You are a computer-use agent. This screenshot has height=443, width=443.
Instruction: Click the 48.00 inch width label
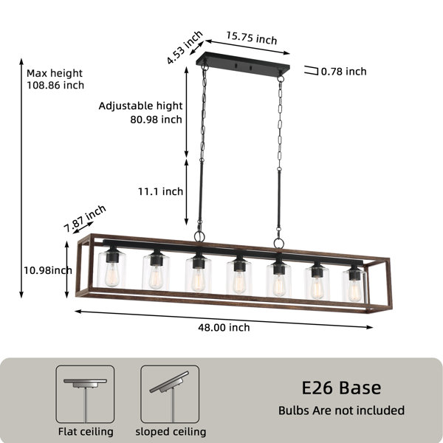tap(224, 327)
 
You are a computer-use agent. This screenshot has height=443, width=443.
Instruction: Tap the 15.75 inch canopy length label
tap(252, 38)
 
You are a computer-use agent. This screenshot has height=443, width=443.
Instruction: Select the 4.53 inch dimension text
tap(184, 47)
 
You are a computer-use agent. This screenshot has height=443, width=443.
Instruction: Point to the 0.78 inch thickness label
tap(344, 72)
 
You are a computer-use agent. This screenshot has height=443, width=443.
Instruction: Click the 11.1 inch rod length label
tap(160, 191)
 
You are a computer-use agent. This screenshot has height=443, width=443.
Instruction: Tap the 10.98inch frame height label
tap(48, 270)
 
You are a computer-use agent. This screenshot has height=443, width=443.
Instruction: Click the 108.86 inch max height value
tap(55, 85)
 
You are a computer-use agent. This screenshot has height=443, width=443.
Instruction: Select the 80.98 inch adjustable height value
tap(156, 120)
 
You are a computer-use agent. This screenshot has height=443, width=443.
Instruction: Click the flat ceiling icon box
tap(85, 394)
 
